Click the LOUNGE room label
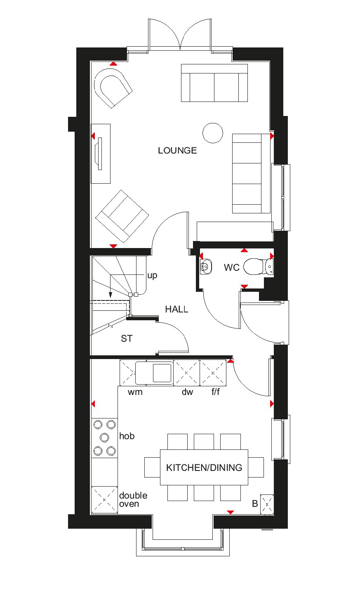(x=177, y=151)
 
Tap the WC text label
(x=231, y=267)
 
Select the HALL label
(x=176, y=309)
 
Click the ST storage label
(x=127, y=339)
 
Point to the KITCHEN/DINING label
(x=204, y=468)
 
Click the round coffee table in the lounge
(x=213, y=133)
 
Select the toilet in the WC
(x=256, y=267)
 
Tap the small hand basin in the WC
(x=206, y=267)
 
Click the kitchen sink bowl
(x=162, y=373)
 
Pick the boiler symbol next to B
(x=267, y=504)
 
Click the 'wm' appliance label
(x=135, y=392)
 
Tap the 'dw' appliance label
(x=187, y=392)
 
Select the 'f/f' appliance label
(x=216, y=392)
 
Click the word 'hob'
(x=127, y=436)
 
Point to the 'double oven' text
(x=133, y=499)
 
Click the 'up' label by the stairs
(x=152, y=276)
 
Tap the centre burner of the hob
(x=104, y=437)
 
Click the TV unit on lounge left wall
(x=100, y=154)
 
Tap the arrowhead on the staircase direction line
(x=111, y=295)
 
